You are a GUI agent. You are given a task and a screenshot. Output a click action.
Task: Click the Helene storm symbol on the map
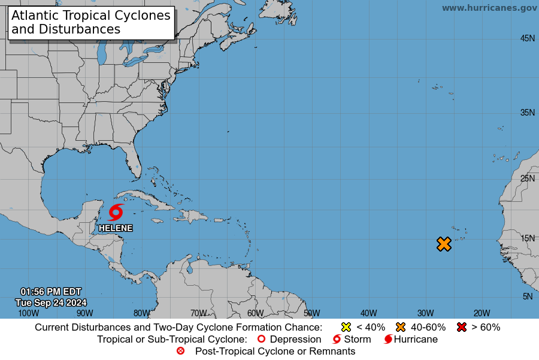(116, 212)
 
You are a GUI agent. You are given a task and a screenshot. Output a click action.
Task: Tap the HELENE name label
(116, 228)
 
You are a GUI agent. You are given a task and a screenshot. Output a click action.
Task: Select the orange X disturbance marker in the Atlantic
(444, 244)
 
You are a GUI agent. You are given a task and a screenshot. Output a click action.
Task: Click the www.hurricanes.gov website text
(489, 8)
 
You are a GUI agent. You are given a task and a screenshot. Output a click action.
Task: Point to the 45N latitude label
(527, 38)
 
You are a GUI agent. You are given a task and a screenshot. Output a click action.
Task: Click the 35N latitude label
(527, 113)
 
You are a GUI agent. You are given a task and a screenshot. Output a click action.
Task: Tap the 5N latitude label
(528, 297)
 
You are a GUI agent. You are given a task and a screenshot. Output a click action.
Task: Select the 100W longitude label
(29, 313)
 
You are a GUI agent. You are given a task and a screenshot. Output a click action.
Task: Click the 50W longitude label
(312, 313)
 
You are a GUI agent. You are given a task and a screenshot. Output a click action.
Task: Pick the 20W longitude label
(482, 313)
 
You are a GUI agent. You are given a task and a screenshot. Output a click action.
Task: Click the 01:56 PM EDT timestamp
(51, 292)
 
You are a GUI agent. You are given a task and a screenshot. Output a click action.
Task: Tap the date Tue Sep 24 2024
(51, 302)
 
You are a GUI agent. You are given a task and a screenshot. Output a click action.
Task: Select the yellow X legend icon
(346, 327)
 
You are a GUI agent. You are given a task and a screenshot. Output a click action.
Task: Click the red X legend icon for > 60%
(462, 327)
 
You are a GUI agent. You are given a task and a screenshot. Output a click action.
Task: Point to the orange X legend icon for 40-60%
(401, 327)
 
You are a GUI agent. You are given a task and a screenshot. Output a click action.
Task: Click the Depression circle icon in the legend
(261, 339)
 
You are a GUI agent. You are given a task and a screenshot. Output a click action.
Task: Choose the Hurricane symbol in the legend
(388, 340)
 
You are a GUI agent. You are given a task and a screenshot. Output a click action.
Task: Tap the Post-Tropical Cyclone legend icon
(181, 351)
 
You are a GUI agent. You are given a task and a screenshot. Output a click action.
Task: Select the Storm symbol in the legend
(337, 340)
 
